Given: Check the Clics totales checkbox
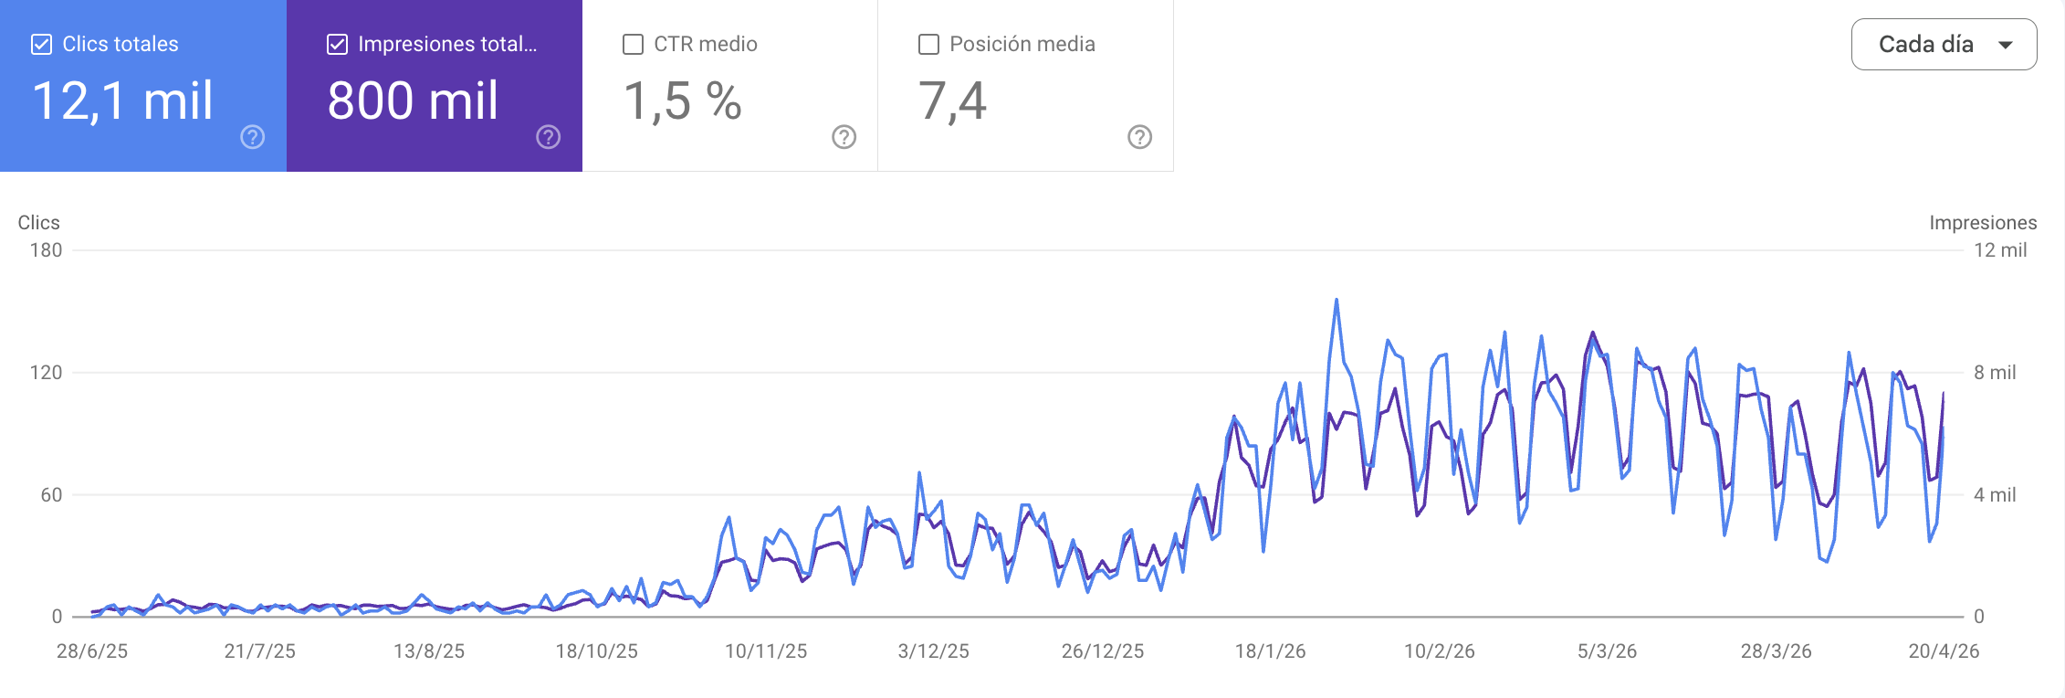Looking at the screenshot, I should pyautogui.click(x=41, y=44).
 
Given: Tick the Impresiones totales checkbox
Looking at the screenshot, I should pyautogui.click(x=337, y=44).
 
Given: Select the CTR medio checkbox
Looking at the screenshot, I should pyautogui.click(x=633, y=44).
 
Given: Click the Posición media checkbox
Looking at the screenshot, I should pyautogui.click(x=928, y=44).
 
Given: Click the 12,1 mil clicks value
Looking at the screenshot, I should pyautogui.click(x=122, y=100).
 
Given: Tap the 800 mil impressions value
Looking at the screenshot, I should pyautogui.click(x=413, y=100).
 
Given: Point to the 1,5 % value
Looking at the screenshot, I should pyautogui.click(x=682, y=100).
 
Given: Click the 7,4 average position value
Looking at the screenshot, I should pyautogui.click(x=952, y=100).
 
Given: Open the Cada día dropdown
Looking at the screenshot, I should pyautogui.click(x=1944, y=44).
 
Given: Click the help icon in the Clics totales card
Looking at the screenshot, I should pyautogui.click(x=253, y=137).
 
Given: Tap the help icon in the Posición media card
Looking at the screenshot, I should pyautogui.click(x=1139, y=137).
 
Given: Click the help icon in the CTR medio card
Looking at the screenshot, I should pyautogui.click(x=844, y=137).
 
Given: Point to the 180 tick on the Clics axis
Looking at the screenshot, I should pyautogui.click(x=46, y=250).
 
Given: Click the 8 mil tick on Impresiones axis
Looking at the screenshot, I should pyautogui.click(x=1995, y=373).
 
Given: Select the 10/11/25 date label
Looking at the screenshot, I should pyautogui.click(x=765, y=651).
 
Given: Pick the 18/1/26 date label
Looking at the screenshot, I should pyautogui.click(x=1270, y=651).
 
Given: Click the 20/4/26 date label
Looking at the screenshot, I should pyautogui.click(x=1944, y=651).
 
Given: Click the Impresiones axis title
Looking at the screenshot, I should pyautogui.click(x=1982, y=223).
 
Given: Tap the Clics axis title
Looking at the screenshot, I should pyautogui.click(x=38, y=223).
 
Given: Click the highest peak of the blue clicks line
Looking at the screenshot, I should pyautogui.click(x=1336, y=300).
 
